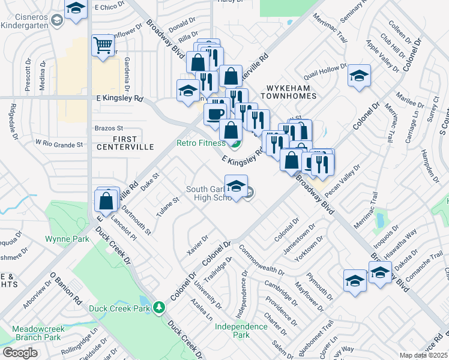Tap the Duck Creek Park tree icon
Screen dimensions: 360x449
158,308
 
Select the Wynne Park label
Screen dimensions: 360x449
67,239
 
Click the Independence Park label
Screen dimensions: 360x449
241,331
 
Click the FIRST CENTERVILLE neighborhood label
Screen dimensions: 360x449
124,142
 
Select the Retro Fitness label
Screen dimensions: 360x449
200,143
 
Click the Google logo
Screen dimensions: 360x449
20,352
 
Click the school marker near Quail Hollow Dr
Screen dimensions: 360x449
358,76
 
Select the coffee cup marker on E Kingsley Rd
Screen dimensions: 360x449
214,113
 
